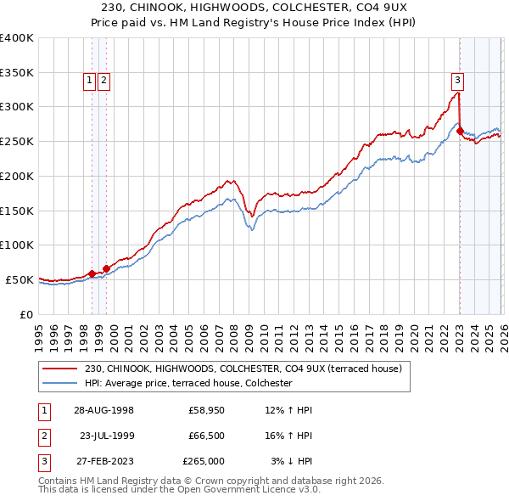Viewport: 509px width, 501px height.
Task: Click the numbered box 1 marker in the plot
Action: (90, 81)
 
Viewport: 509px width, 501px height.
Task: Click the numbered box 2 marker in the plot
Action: (103, 81)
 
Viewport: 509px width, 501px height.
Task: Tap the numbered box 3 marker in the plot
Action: (457, 81)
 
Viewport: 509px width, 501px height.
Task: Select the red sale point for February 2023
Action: (460, 131)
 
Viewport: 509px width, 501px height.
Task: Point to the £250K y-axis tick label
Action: (17, 141)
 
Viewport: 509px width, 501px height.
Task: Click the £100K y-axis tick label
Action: (17, 245)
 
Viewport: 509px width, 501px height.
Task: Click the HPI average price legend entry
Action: (187, 383)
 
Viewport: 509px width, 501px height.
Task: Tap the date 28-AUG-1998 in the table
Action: (103, 409)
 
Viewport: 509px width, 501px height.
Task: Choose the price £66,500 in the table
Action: (206, 436)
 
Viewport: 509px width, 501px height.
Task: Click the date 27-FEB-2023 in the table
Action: (103, 462)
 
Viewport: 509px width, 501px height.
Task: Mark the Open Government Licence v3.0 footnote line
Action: (180, 490)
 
